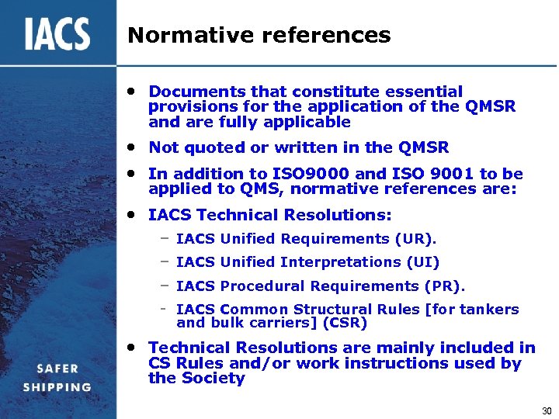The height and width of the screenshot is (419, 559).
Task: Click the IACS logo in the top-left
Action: pos(57,35)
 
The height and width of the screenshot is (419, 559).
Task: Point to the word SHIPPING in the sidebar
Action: pos(57,387)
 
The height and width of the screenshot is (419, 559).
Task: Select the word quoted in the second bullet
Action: pos(210,147)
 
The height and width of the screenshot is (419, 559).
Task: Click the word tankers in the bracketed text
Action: pos(490,309)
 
